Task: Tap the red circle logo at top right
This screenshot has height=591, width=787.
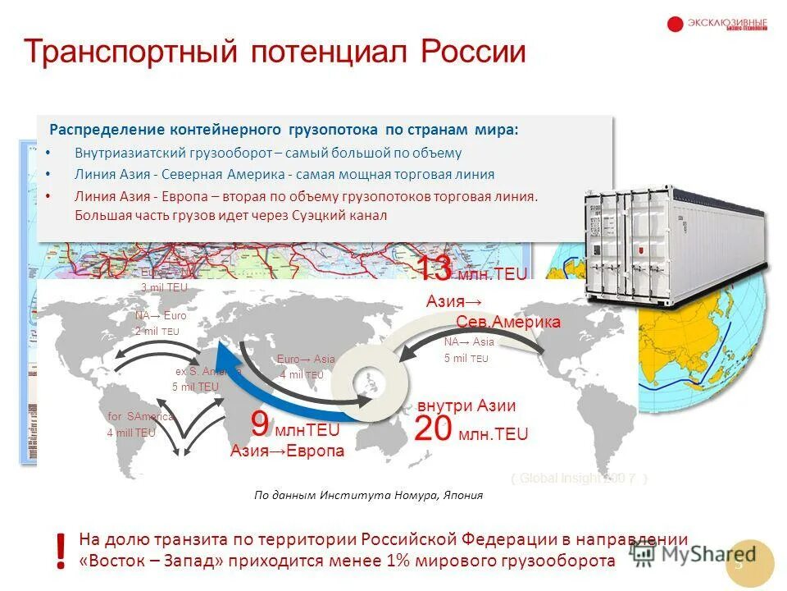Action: (x=675, y=25)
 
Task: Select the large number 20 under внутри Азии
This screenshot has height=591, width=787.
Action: (x=432, y=430)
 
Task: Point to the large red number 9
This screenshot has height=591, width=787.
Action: (x=260, y=425)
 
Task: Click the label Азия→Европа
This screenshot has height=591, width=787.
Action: (x=287, y=451)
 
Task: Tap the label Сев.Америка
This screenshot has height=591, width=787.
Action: (x=508, y=322)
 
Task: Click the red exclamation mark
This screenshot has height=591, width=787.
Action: (x=60, y=551)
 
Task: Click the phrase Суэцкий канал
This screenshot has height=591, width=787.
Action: (x=345, y=215)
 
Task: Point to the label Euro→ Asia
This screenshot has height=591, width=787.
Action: (x=306, y=359)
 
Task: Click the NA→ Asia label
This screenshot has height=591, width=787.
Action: (x=469, y=342)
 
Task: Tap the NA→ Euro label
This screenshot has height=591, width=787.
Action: (x=161, y=315)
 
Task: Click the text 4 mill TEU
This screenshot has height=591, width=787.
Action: (x=131, y=433)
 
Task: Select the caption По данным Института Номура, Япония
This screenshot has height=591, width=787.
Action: (x=368, y=495)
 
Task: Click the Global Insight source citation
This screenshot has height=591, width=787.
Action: (x=580, y=479)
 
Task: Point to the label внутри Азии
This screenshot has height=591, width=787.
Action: (x=466, y=406)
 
